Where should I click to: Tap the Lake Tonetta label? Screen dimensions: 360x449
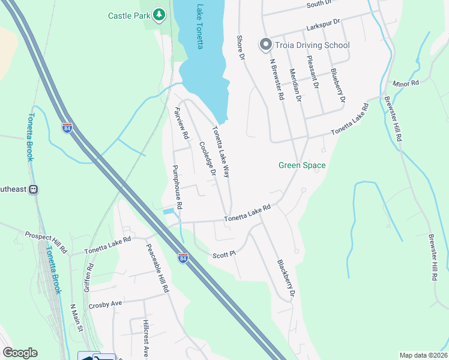(x=199, y=27)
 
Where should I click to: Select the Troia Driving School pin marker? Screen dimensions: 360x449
(x=265, y=44)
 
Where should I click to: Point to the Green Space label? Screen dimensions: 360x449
(x=302, y=166)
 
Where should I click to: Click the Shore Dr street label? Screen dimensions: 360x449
(x=242, y=47)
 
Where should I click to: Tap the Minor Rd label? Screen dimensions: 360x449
(x=405, y=83)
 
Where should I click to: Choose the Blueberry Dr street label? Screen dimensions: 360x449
(x=339, y=85)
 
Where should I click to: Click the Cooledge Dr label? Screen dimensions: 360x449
(x=208, y=159)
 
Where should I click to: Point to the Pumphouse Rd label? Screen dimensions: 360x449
(x=176, y=187)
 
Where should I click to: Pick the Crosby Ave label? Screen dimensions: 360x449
(x=105, y=304)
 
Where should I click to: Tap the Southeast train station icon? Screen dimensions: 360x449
(x=34, y=190)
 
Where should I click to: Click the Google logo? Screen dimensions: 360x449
(x=20, y=353)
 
